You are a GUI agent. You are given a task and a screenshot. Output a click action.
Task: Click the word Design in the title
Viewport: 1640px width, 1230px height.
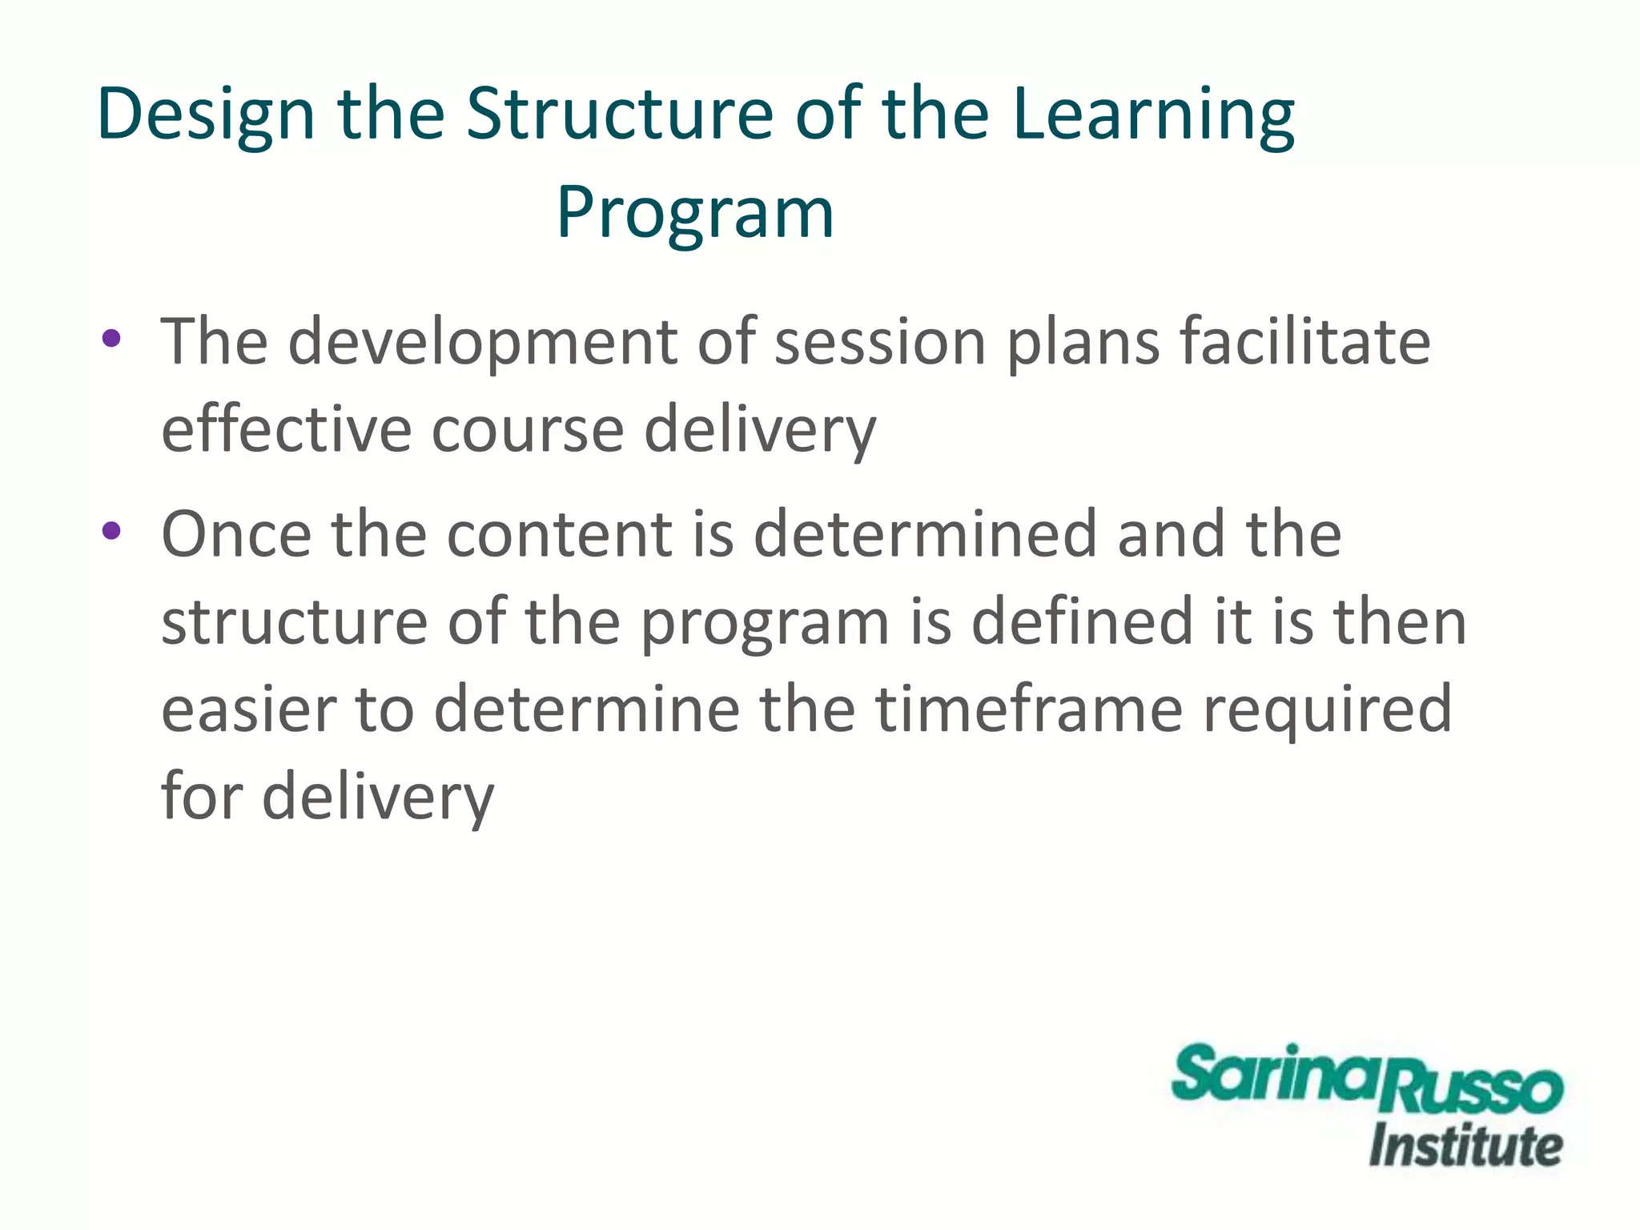coord(205,115)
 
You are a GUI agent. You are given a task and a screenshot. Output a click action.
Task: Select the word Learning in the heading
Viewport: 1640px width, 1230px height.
coord(1153,115)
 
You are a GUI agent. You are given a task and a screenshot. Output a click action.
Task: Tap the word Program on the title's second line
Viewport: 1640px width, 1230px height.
coord(695,212)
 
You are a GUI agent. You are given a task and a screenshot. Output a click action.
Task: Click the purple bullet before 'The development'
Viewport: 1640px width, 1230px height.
coord(111,338)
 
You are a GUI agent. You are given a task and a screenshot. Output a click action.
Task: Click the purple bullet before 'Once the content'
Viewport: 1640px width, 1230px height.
coord(111,530)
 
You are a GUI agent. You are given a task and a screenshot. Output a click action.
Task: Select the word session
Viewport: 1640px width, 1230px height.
coord(880,342)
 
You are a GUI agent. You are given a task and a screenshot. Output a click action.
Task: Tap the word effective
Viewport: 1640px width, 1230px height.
coord(287,429)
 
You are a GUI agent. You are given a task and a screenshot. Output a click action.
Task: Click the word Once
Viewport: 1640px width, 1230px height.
coord(236,534)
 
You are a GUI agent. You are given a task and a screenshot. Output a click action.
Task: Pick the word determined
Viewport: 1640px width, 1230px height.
coord(925,534)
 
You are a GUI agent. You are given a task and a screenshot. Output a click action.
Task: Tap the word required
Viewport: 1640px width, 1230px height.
coord(1327,709)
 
